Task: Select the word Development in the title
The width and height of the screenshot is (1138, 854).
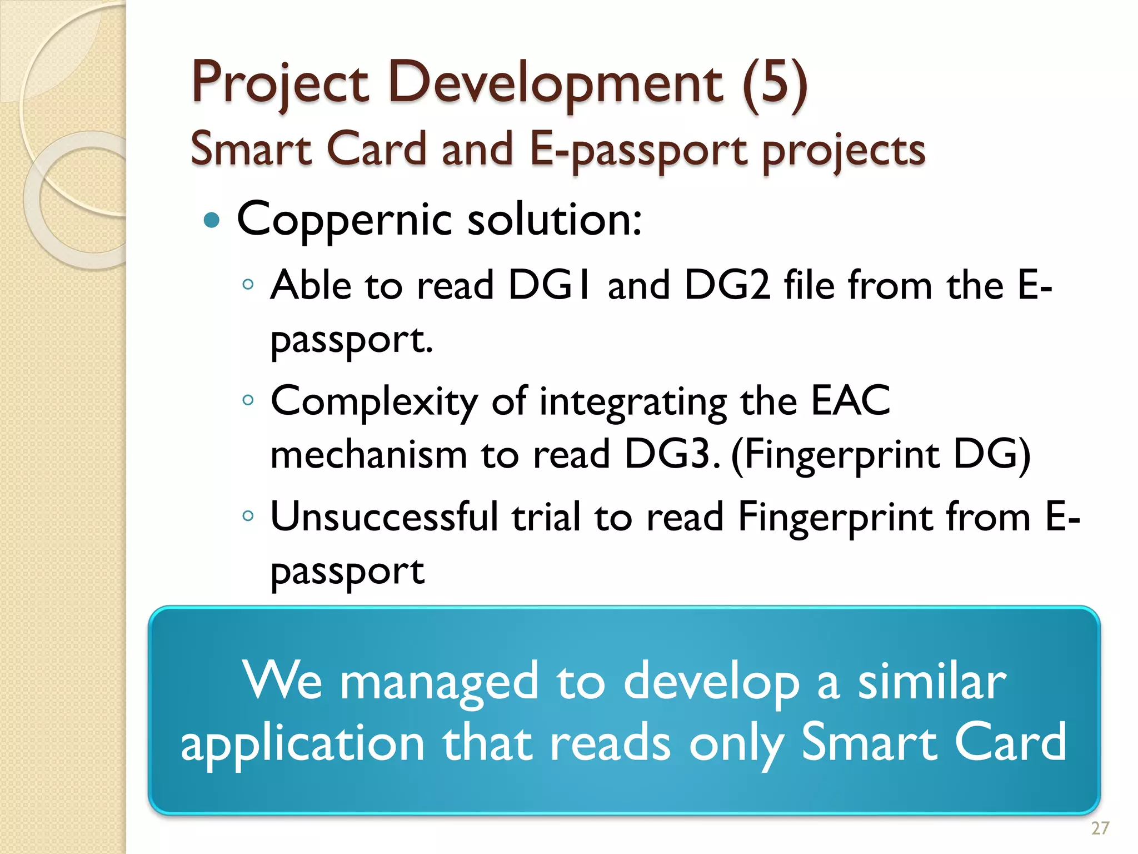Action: click(555, 83)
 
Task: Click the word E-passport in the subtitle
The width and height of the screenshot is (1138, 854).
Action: click(638, 150)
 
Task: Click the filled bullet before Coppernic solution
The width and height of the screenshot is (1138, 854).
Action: click(212, 220)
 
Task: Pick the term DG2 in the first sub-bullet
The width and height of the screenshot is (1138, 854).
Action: click(727, 285)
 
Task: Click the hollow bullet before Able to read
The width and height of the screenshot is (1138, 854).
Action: click(248, 285)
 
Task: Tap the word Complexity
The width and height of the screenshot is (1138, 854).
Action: click(374, 401)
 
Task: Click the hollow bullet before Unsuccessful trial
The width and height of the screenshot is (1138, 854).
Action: click(248, 516)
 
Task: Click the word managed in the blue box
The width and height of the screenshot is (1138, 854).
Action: click(439, 683)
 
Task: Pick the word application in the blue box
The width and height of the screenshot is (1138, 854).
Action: click(303, 744)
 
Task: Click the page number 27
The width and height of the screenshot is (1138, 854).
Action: click(1100, 828)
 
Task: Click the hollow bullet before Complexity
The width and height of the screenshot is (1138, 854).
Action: click(248, 400)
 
